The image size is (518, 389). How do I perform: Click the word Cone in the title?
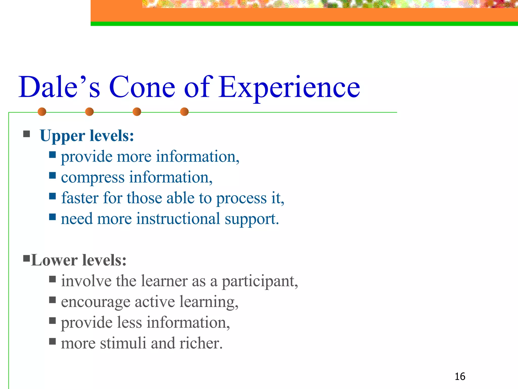tap(142, 87)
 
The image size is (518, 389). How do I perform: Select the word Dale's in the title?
tap(59, 87)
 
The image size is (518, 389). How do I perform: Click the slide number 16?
tap(460, 377)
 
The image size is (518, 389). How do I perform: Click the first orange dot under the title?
tap(42, 112)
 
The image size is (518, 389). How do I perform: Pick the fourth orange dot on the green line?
tap(184, 112)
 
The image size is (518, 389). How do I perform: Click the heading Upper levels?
tap(87, 136)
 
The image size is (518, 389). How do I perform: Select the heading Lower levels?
tap(79, 260)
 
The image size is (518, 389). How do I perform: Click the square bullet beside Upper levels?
tap(27, 134)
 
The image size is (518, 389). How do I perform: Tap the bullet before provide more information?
tap(52, 154)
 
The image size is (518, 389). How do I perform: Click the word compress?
tap(93, 177)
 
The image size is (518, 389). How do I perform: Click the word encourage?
tap(96, 302)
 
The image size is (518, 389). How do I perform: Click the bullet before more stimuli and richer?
tap(52, 341)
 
